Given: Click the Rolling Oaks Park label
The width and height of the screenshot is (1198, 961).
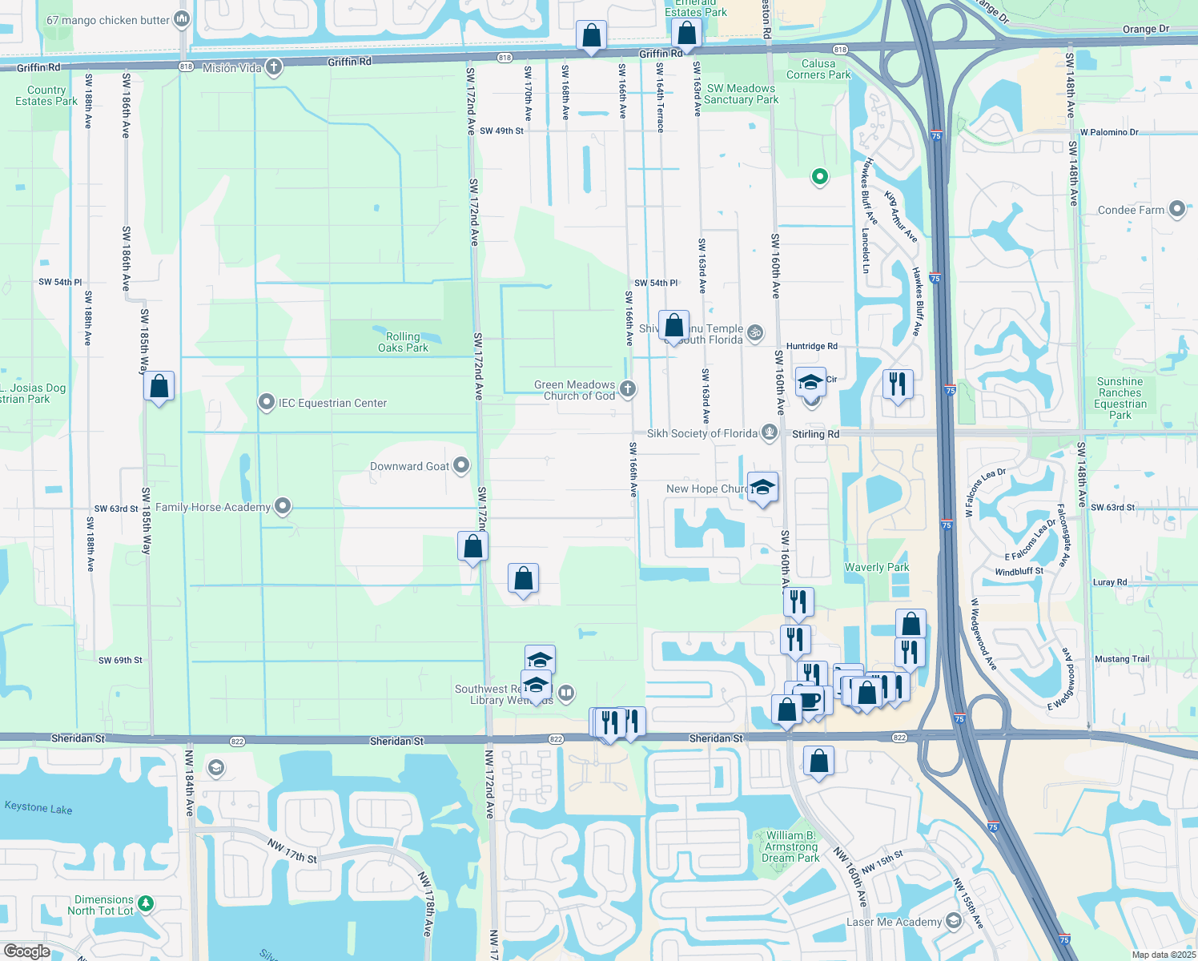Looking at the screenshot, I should pyautogui.click(x=403, y=342).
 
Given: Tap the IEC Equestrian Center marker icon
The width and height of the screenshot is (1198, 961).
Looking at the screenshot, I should pyautogui.click(x=267, y=403).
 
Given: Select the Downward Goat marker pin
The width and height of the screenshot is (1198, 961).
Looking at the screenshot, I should pyautogui.click(x=461, y=465).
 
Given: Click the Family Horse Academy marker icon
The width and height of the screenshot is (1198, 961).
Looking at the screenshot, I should pyautogui.click(x=283, y=506).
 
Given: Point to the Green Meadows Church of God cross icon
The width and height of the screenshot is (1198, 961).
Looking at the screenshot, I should pyautogui.click(x=628, y=389).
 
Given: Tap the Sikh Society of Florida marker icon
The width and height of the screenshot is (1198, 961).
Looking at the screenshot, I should pyautogui.click(x=770, y=432).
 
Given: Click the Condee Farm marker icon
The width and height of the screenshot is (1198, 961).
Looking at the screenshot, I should pyautogui.click(x=1176, y=210).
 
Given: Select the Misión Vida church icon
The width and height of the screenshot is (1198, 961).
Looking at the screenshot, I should pyautogui.click(x=274, y=67).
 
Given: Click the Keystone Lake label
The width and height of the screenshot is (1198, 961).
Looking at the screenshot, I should pyautogui.click(x=38, y=808).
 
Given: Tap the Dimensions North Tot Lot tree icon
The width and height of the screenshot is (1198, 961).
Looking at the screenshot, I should pyautogui.click(x=146, y=904).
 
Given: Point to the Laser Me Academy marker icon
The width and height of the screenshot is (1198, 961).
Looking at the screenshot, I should pyautogui.click(x=953, y=921).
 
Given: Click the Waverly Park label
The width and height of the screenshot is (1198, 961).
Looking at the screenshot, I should pyautogui.click(x=877, y=567).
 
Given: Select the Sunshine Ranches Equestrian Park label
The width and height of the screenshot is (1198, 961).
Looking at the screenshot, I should pyautogui.click(x=1120, y=398).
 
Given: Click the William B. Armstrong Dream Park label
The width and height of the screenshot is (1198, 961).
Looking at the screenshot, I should pyautogui.click(x=790, y=846).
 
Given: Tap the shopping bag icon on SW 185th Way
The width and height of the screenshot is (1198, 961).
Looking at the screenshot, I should pyautogui.click(x=159, y=387).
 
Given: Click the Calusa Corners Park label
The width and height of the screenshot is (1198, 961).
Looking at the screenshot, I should pyautogui.click(x=818, y=69).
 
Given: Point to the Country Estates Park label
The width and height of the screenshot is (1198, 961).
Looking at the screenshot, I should pyautogui.click(x=46, y=95).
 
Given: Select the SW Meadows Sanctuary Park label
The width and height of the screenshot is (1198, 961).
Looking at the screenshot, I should pyautogui.click(x=741, y=94).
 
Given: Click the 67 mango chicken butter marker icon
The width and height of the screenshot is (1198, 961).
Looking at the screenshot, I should pyautogui.click(x=182, y=19).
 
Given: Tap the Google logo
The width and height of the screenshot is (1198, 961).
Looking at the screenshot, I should pyautogui.click(x=26, y=951).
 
